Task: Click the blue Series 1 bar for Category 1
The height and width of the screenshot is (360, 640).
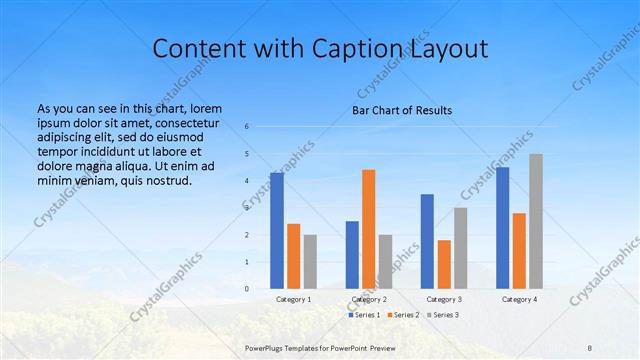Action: point(277,231)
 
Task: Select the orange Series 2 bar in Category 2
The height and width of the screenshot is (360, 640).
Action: point(369,229)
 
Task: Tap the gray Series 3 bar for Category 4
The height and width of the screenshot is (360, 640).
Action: point(536,221)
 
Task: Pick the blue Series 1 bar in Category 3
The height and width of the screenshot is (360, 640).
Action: point(427,241)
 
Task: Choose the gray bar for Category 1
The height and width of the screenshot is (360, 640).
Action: point(310,261)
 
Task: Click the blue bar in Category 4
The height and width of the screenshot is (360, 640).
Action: point(502,228)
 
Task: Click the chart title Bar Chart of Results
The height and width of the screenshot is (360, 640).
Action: point(402,110)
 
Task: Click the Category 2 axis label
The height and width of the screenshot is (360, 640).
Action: point(369,299)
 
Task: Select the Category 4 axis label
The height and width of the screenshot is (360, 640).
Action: point(519,299)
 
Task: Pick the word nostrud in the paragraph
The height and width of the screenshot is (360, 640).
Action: point(167,180)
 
